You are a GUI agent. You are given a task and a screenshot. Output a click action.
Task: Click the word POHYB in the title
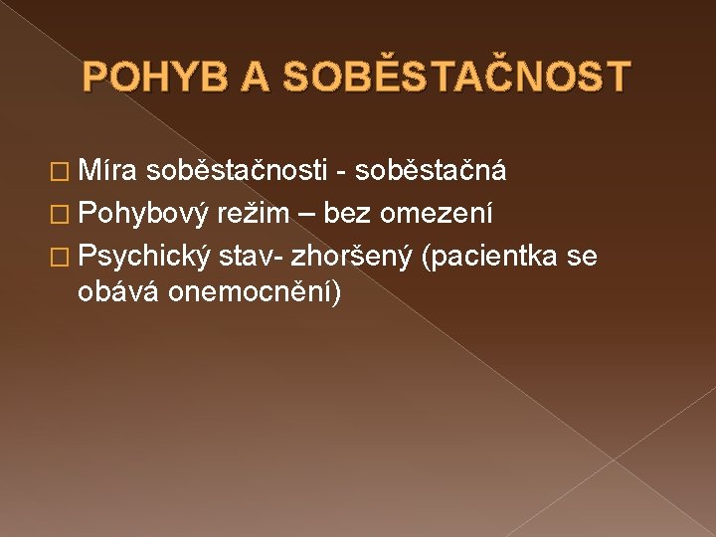point(162,77)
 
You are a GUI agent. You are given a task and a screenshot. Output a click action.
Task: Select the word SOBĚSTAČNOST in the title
point(457,77)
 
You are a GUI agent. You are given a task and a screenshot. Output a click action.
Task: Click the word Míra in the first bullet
point(107,171)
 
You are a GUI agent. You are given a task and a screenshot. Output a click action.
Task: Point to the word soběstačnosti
point(235,171)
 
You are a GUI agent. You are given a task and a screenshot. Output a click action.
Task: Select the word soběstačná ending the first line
point(431,171)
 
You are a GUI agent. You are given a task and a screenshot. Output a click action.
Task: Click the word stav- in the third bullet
point(250,256)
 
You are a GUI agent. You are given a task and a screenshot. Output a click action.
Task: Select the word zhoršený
point(351,256)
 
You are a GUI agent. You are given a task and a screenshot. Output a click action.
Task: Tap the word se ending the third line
point(582,256)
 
